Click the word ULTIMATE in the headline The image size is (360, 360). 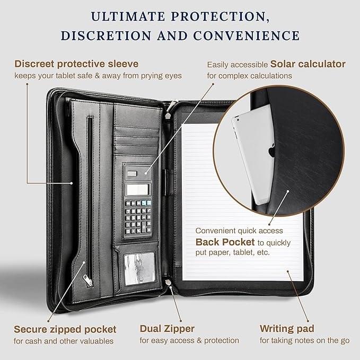128,16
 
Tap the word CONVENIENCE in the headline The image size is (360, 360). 247,36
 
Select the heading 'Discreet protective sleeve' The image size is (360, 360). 76,64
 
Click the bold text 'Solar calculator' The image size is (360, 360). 308,64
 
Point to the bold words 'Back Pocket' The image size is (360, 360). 225,242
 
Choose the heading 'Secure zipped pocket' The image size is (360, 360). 65,329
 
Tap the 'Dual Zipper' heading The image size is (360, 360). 167,329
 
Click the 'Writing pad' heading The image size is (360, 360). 287,329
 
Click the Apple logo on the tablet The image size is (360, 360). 272,151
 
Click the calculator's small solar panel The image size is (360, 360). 132,173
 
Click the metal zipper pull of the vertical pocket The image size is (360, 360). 87,279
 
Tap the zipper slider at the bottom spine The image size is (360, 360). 169,282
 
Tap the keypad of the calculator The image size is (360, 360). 138,216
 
